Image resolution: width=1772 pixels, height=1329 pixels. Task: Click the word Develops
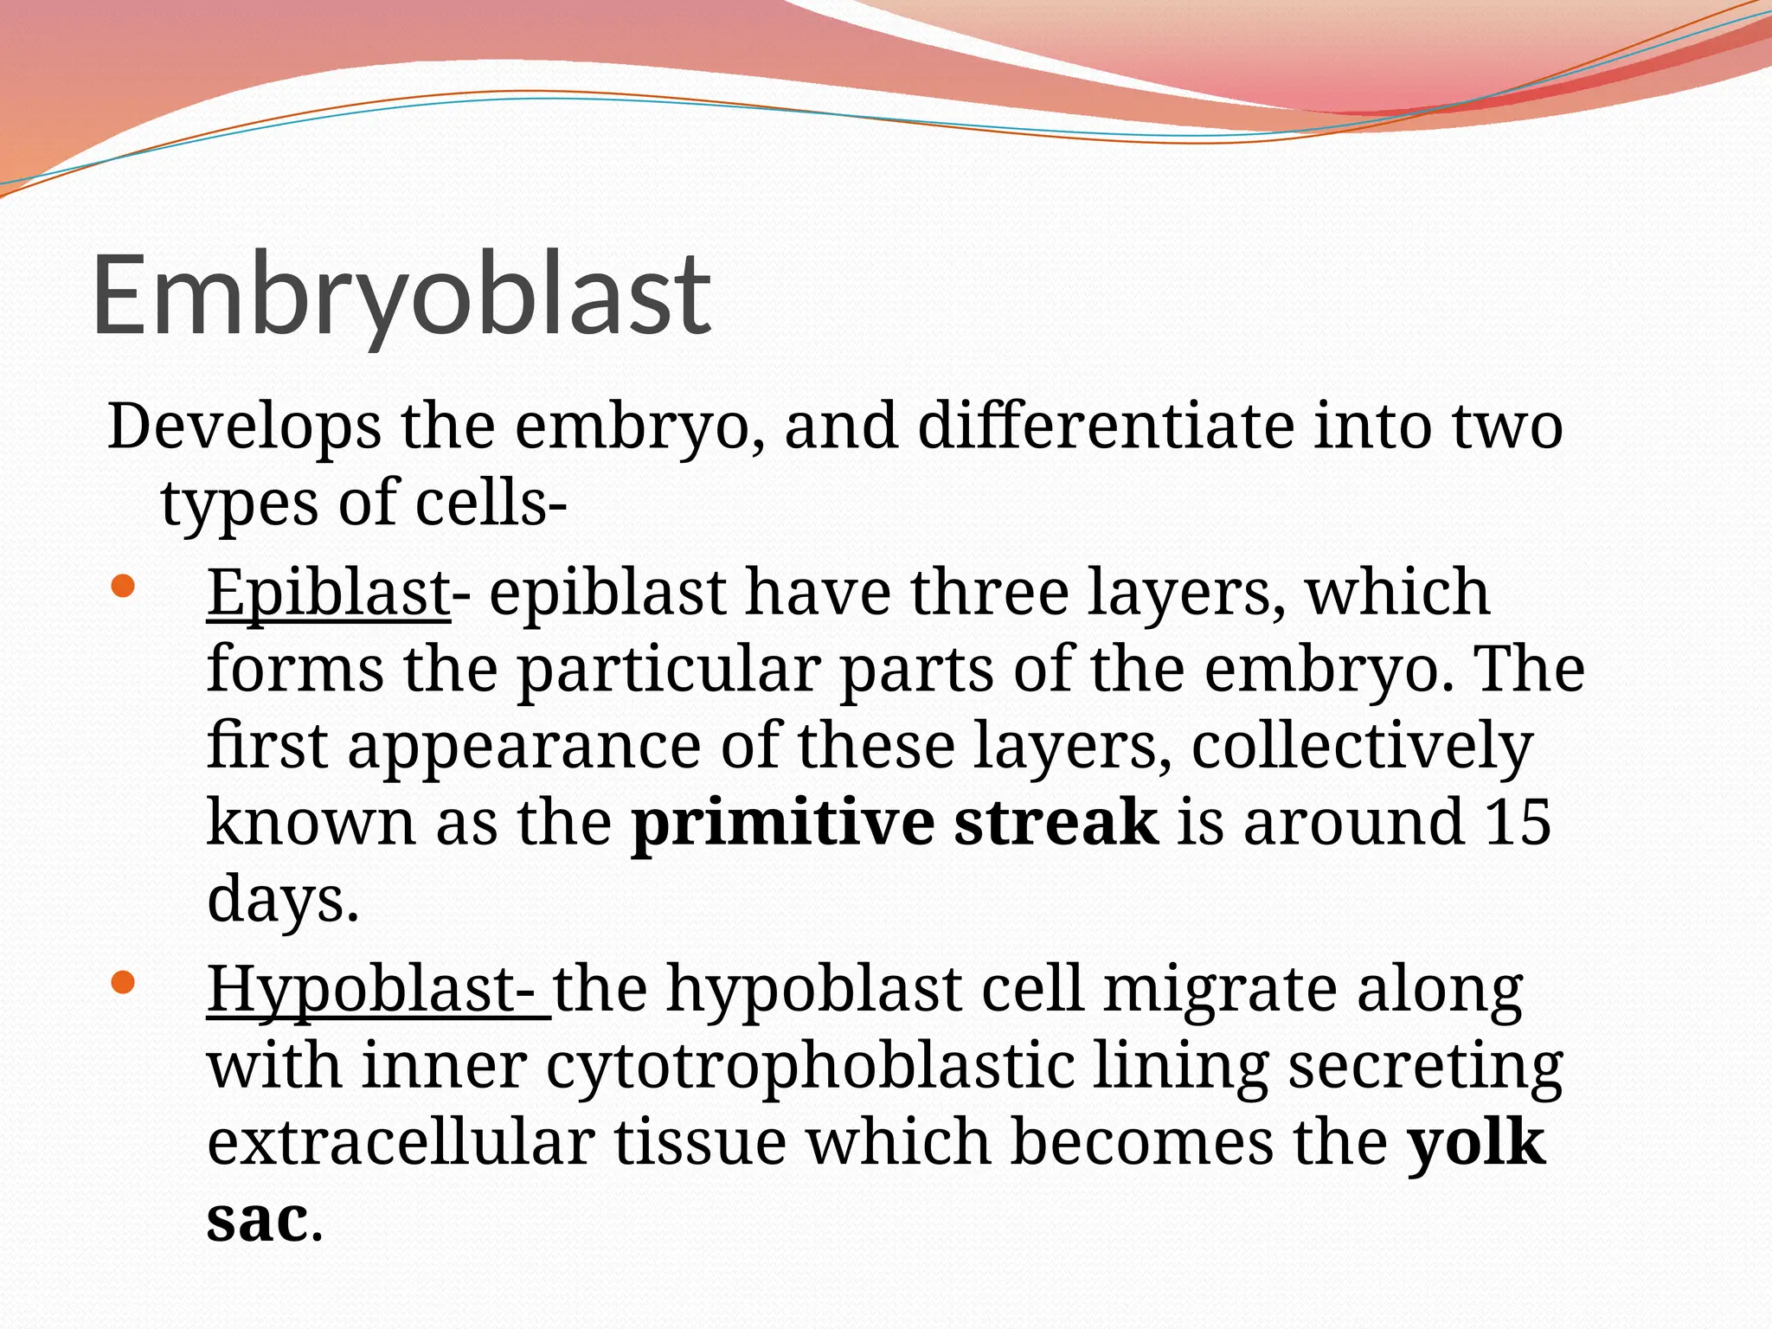point(244,427)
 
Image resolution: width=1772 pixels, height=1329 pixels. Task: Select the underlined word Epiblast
point(328,594)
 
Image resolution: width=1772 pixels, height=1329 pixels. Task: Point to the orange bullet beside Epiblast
point(124,587)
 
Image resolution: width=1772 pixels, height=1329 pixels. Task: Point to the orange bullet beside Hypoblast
point(124,982)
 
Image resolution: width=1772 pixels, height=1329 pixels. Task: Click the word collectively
point(1362,746)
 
